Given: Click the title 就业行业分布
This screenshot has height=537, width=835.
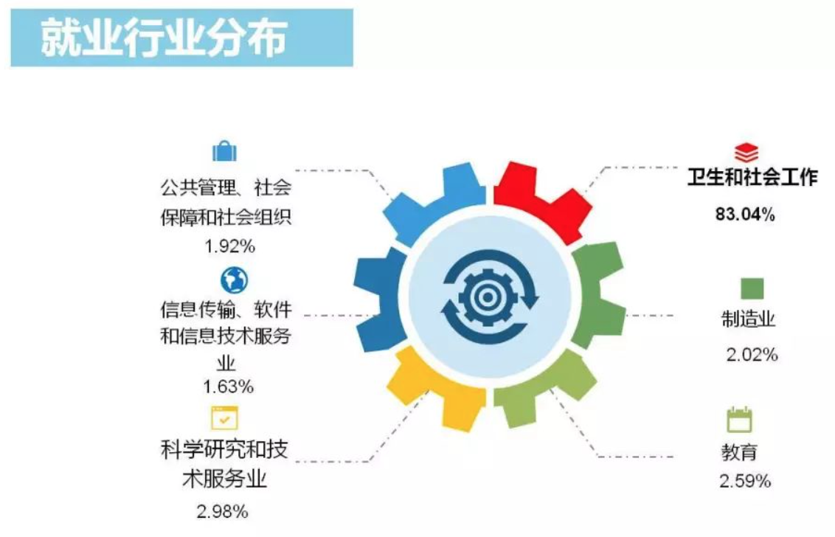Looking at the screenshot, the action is tap(164, 38).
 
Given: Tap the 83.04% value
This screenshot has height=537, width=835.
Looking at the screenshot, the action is tap(745, 214).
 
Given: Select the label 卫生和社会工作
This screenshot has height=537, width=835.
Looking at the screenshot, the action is tap(752, 177).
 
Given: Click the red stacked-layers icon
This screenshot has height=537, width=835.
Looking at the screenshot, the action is tap(746, 152).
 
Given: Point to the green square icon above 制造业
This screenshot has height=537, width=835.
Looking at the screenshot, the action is tap(752, 288).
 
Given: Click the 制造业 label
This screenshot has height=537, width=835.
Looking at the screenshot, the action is tap(748, 319).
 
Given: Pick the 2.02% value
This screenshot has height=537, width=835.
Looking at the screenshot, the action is tap(752, 354).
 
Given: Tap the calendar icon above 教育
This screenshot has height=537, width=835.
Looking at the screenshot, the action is tap(739, 420).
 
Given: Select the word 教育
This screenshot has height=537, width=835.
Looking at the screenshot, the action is tap(739, 452).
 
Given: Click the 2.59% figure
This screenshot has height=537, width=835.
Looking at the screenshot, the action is tap(745, 481).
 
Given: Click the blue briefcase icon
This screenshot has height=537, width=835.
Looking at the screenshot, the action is tap(225, 151).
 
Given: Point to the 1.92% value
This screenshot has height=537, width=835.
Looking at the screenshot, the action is tap(230, 246).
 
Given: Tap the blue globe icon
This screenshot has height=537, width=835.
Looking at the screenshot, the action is tap(235, 280).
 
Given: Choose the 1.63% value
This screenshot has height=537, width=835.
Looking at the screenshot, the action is tap(228, 387).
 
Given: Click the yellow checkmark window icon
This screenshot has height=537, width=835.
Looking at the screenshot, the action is tap(225, 418).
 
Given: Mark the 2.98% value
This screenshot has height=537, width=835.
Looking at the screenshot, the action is tap(222, 511).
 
